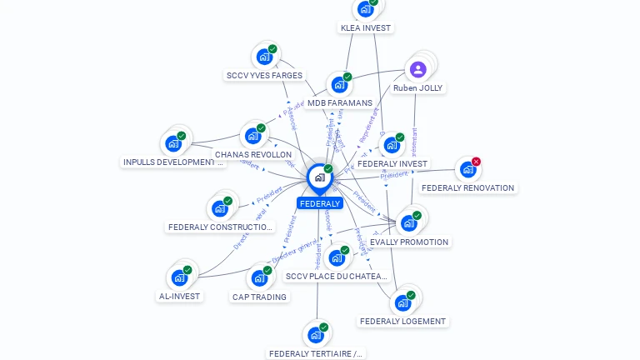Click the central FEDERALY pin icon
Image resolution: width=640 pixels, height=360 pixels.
click(319, 177)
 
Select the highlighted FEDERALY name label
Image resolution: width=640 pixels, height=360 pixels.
click(320, 203)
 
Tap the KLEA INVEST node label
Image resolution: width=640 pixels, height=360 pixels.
click(365, 27)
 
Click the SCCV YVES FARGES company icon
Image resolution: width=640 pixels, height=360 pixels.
click(264, 57)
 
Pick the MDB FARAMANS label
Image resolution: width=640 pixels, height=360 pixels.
click(339, 103)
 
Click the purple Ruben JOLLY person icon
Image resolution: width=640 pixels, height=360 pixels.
click(418, 69)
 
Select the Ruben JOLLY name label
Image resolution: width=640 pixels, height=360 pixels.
click(418, 87)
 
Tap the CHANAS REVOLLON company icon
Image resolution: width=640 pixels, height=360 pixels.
click(252, 136)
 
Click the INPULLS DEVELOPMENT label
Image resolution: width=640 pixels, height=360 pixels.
click(173, 162)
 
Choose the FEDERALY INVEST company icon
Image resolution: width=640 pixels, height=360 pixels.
click(391, 146)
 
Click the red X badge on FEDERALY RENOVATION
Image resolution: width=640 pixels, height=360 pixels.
click(476, 162)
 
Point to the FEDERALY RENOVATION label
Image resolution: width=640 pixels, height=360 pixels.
click(467, 188)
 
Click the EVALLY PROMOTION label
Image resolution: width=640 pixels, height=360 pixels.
click(409, 242)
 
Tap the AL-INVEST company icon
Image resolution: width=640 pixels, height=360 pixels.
click(179, 277)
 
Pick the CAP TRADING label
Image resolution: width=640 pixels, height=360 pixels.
click(259, 297)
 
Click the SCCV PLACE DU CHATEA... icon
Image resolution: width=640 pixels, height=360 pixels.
click(336, 258)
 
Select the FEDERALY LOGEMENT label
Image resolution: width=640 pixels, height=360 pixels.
click(403, 321)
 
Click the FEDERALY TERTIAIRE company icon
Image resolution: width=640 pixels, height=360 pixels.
click(315, 335)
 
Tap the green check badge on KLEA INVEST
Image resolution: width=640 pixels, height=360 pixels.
click(373, 2)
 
